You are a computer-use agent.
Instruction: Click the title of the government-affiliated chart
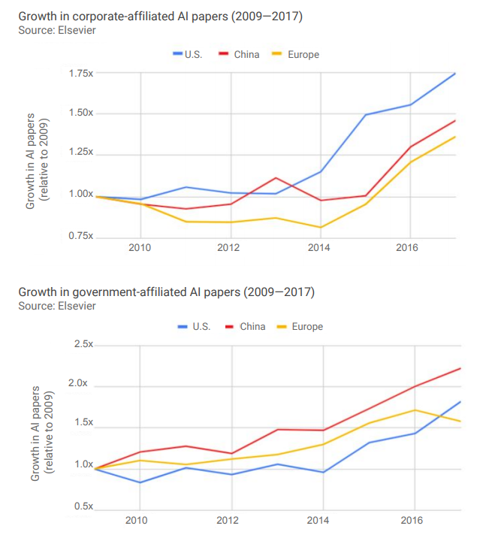[x=166, y=292]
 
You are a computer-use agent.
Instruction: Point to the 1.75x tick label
[x=80, y=74]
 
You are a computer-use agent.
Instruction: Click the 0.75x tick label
[x=80, y=236]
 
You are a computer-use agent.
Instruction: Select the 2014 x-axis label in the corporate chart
[x=319, y=247]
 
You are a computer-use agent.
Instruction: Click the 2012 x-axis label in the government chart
[x=228, y=520]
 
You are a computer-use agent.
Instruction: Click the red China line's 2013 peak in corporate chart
[x=276, y=178]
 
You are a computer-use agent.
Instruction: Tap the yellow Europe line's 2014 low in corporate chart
[x=320, y=227]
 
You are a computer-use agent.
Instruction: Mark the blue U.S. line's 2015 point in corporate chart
[x=366, y=115]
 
